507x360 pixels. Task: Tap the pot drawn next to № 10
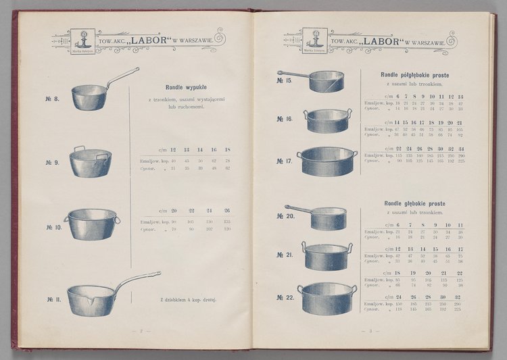91,224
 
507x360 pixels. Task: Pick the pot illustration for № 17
327,161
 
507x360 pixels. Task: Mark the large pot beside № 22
328,297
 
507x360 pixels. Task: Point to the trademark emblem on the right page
315,41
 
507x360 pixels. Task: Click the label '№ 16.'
284,119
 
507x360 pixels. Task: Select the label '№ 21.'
284,255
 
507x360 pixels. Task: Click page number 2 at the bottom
142,331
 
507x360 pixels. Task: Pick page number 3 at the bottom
371,331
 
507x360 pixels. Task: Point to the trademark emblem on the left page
83,41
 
